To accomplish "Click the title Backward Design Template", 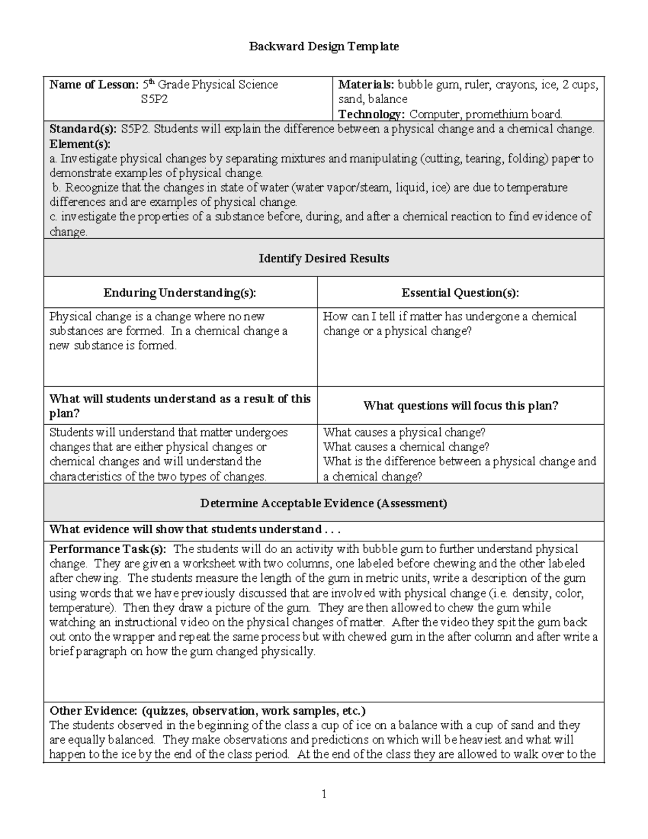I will pyautogui.click(x=323, y=46).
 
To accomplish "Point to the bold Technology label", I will pyautogui.click(x=371, y=114).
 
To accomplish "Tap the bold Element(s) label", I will pyautogui.click(x=79, y=144).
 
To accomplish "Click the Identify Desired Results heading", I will pyautogui.click(x=323, y=259).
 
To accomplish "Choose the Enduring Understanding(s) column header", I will pyautogui.click(x=180, y=293).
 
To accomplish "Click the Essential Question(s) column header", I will pyautogui.click(x=460, y=293).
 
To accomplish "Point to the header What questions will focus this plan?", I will pyautogui.click(x=460, y=406).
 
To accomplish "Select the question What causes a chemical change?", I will pyautogui.click(x=406, y=447).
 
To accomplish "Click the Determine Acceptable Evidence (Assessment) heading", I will pyautogui.click(x=323, y=504).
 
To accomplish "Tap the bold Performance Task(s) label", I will pyautogui.click(x=108, y=549).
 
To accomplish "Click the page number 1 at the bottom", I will pyautogui.click(x=324, y=794).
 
